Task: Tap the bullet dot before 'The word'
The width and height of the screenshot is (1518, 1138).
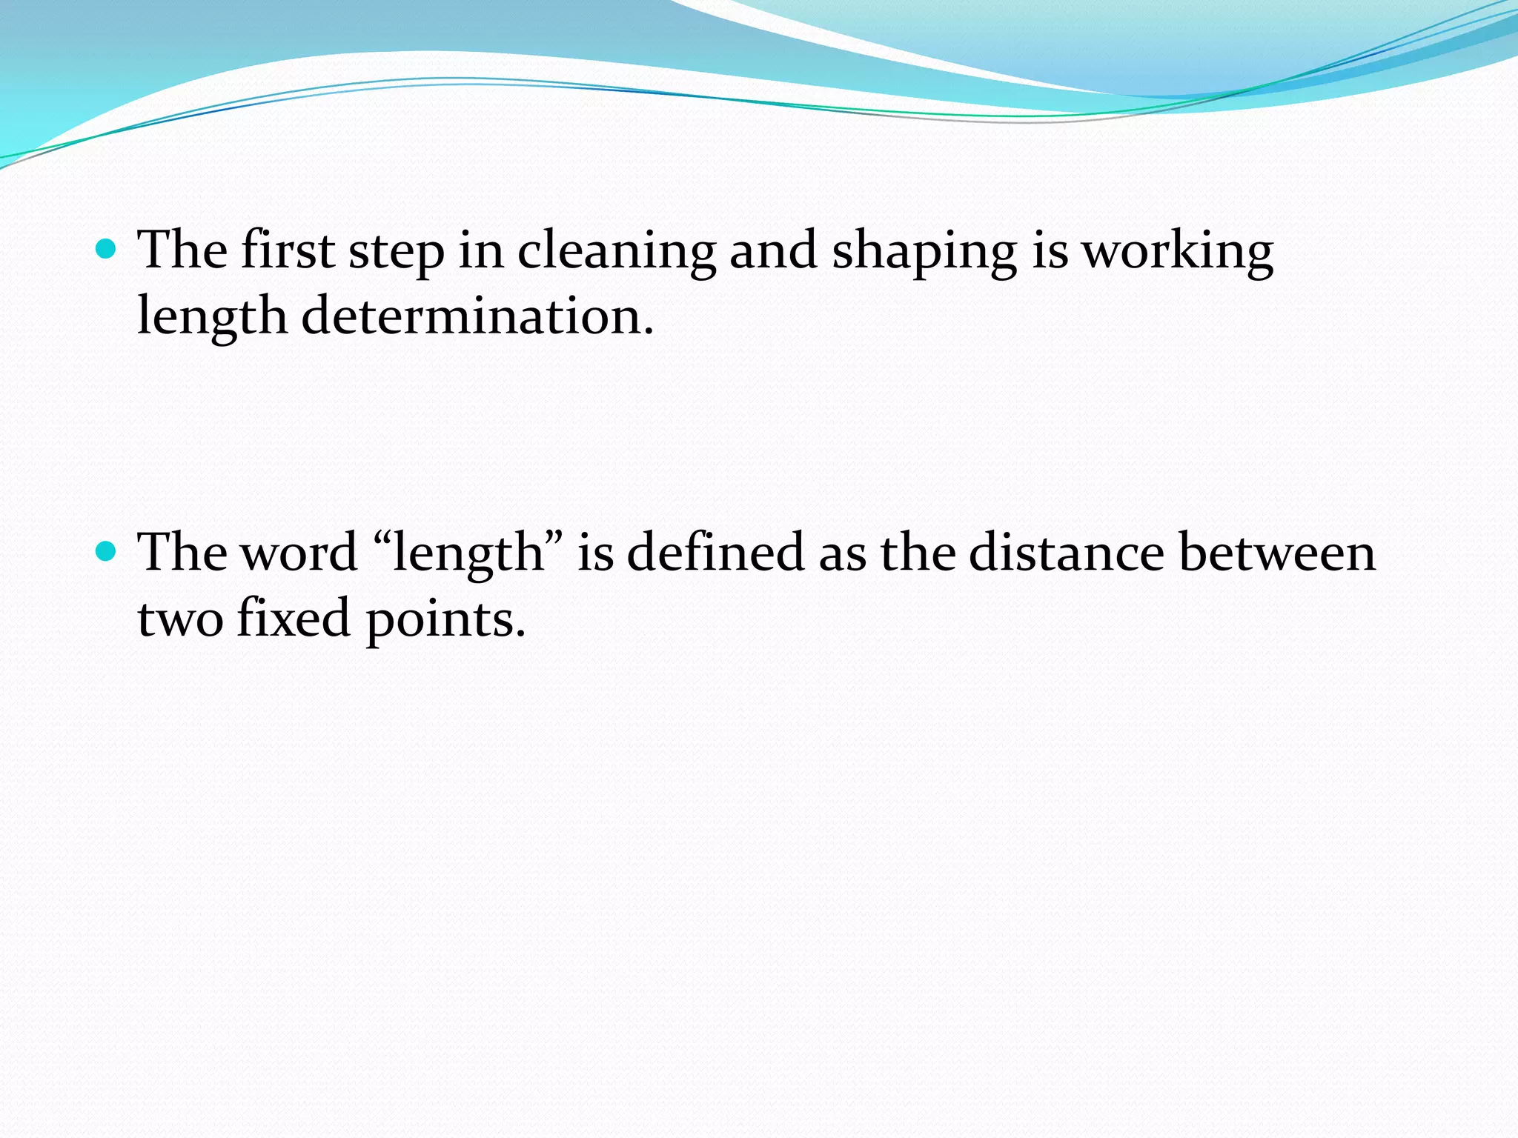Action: (x=107, y=551)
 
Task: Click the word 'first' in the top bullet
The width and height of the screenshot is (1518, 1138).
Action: (x=287, y=250)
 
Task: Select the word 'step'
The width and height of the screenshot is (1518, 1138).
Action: (x=396, y=252)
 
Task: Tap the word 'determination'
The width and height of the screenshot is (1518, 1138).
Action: (x=477, y=316)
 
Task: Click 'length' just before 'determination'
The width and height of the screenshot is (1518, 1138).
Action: (x=212, y=318)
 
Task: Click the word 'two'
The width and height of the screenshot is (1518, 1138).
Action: (x=180, y=619)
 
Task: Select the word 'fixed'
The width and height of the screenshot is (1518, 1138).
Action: (x=294, y=618)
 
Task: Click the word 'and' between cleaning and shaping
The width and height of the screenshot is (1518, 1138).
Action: (x=773, y=250)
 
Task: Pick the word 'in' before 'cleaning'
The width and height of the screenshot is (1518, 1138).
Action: (x=481, y=250)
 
